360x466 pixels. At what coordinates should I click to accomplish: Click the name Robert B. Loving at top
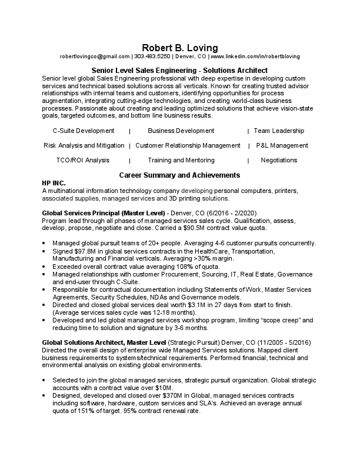[179, 46]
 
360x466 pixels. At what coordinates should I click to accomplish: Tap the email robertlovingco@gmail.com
[94, 56]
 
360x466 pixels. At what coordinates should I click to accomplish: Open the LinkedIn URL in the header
[255, 56]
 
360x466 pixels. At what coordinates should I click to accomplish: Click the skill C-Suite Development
[84, 131]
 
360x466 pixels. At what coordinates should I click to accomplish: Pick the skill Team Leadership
[279, 131]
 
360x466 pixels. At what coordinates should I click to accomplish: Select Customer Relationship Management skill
[188, 145]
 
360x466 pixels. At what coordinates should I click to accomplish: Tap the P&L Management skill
[282, 145]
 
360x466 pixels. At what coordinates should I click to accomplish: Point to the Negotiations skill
[279, 160]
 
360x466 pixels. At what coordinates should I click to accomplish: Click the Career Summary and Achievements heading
[179, 175]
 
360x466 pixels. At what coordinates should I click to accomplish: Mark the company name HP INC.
[55, 184]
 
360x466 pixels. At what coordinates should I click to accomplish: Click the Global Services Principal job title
[104, 212]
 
